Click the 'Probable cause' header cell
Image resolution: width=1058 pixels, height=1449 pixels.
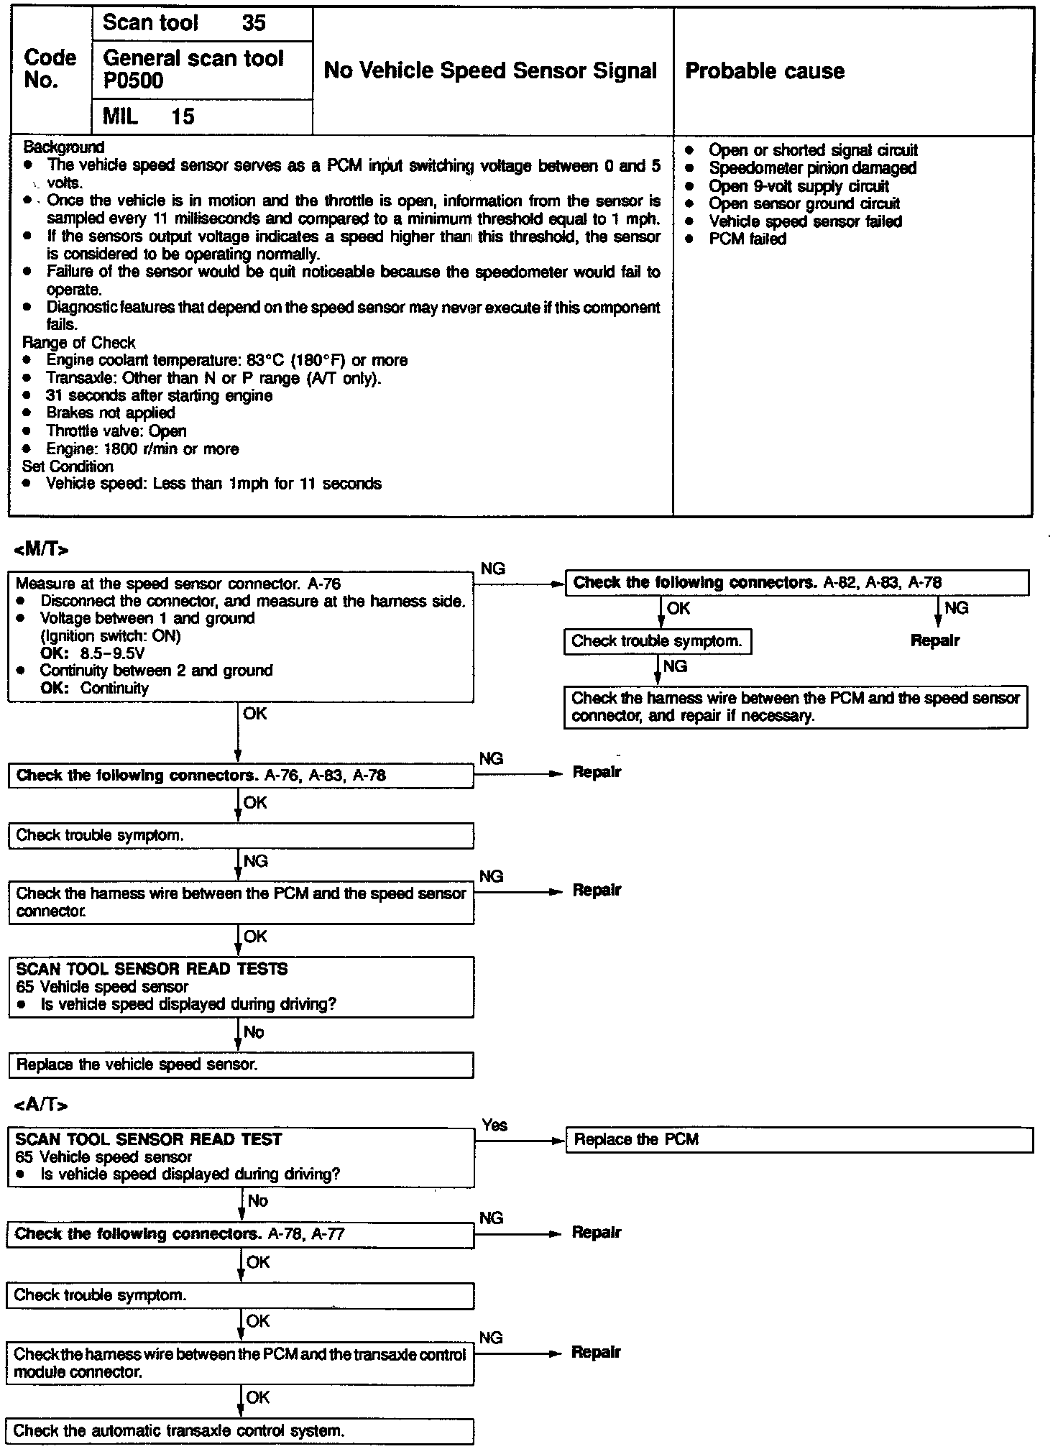point(765,71)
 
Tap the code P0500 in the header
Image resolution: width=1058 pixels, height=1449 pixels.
point(134,81)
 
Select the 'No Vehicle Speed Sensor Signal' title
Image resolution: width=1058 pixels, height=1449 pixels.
point(490,70)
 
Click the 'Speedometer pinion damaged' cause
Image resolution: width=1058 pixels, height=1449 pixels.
point(811,168)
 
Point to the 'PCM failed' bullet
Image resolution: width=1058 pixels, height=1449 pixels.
point(747,239)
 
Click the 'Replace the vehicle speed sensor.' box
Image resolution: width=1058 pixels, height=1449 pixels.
point(241,1065)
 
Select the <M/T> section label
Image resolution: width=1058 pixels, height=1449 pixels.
point(41,550)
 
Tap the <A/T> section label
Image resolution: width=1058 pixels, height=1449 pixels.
point(40,1105)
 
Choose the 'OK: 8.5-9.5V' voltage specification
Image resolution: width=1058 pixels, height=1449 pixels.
point(93,653)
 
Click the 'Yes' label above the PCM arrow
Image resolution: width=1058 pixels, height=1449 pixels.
point(494,1125)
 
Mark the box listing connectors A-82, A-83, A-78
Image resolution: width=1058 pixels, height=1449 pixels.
point(796,583)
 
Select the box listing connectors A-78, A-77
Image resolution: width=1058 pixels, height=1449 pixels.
point(241,1234)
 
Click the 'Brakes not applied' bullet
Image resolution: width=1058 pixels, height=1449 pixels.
point(110,413)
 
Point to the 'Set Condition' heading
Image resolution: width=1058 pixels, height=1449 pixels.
point(68,466)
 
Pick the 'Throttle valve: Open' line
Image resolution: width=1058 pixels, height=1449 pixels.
point(116,431)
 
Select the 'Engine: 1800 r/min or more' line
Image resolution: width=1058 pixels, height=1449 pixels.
point(142,449)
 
